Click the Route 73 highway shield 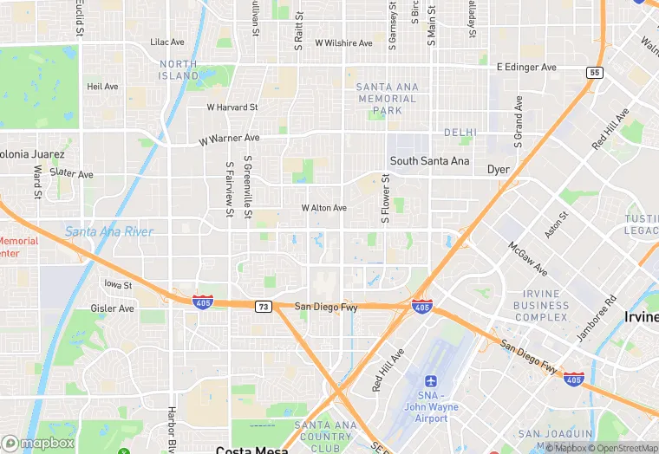click(262, 307)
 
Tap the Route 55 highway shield click(594, 73)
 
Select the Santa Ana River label click(109, 232)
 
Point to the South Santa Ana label click(429, 161)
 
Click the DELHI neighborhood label click(460, 133)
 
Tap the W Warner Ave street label click(229, 139)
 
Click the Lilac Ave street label click(167, 42)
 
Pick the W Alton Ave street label click(323, 208)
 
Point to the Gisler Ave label click(113, 308)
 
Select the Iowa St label click(117, 284)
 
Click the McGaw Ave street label click(527, 256)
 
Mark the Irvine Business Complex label click(541, 305)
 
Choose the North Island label click(179, 69)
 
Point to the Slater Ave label click(71, 173)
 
